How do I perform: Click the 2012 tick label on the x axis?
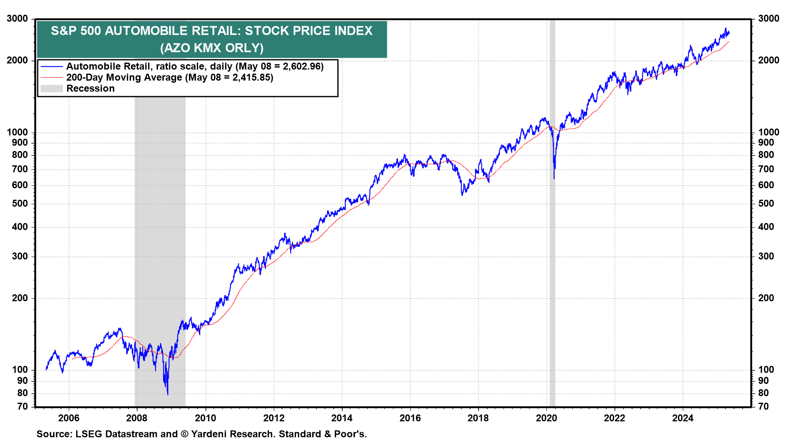[x=273, y=418]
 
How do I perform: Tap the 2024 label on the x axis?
[x=683, y=418]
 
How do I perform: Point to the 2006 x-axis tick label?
[x=69, y=418]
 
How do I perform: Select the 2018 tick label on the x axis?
[x=478, y=418]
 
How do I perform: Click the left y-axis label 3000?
[x=18, y=19]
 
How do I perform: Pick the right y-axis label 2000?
[x=769, y=61]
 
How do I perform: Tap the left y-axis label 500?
[x=20, y=204]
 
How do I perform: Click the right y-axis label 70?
[x=763, y=406]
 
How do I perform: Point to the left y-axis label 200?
[x=20, y=298]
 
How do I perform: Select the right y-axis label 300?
[x=766, y=257]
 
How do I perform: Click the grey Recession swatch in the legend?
[x=52, y=89]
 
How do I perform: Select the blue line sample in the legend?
[x=52, y=67]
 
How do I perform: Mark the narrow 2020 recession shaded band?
[x=552, y=246]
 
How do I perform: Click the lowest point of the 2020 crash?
[x=554, y=178]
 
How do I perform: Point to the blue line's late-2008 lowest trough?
[x=168, y=395]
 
